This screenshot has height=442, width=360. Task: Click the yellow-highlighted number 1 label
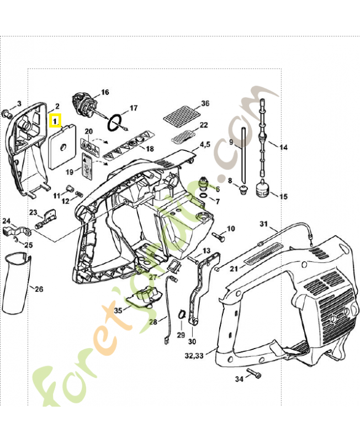tap(55, 120)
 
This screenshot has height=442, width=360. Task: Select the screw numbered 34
tap(255, 373)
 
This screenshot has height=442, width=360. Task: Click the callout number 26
tap(39, 289)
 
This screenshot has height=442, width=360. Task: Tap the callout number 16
tap(105, 92)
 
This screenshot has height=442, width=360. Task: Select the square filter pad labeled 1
tap(62, 146)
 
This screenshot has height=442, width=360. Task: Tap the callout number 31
tap(263, 224)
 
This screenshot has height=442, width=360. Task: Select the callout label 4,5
tap(205, 144)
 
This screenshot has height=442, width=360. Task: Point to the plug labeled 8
tap(243, 190)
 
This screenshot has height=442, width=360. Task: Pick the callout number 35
tap(118, 311)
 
